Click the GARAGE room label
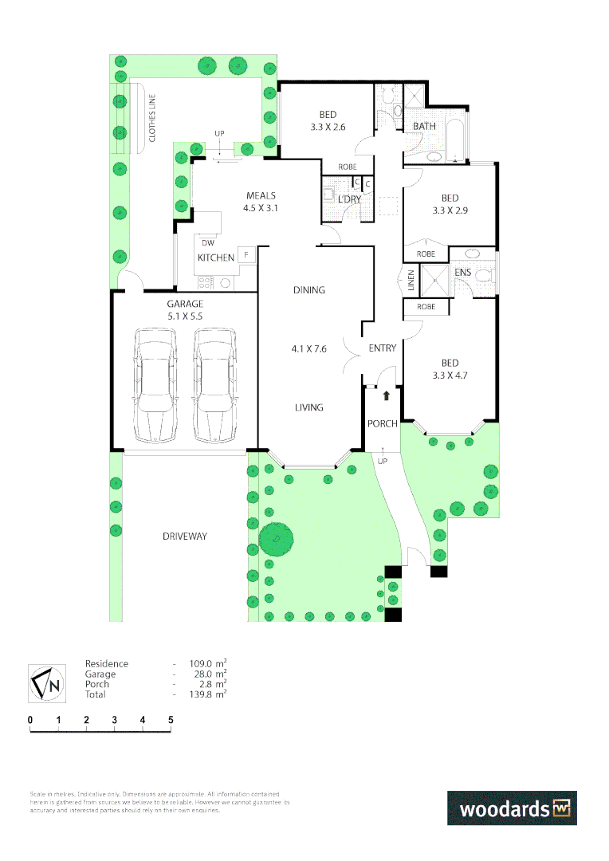click(x=184, y=304)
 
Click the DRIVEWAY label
click(x=185, y=537)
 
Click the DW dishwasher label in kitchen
click(x=208, y=243)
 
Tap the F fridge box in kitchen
click(x=246, y=256)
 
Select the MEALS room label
click(x=261, y=196)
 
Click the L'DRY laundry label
click(x=349, y=199)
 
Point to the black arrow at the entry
click(x=387, y=395)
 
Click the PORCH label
click(x=382, y=424)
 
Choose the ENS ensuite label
click(x=462, y=273)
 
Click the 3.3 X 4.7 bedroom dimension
click(x=450, y=375)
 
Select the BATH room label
click(x=424, y=127)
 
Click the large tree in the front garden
click(x=277, y=538)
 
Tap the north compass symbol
click(x=47, y=683)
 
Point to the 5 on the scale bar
click(x=171, y=720)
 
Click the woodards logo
click(x=511, y=808)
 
